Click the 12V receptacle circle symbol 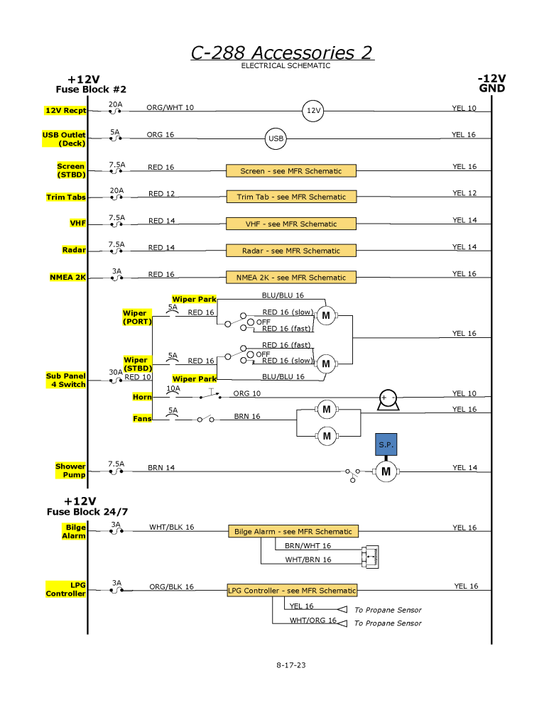(x=313, y=111)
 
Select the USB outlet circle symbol (x=276, y=138)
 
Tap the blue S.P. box (x=386, y=444)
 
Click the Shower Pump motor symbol (x=386, y=471)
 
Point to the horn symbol (x=388, y=400)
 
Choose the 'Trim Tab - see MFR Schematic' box (x=291, y=197)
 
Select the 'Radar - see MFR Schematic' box (x=291, y=251)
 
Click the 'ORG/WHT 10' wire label (x=170, y=108)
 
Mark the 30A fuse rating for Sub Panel (x=115, y=371)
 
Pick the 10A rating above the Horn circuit (x=173, y=388)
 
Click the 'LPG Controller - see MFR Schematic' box (x=291, y=591)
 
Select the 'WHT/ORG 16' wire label (x=312, y=620)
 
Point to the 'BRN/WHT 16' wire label (x=308, y=546)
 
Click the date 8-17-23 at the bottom (x=291, y=665)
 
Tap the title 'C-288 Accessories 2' (x=282, y=53)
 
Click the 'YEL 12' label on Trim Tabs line (x=464, y=193)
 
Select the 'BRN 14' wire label (x=161, y=467)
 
